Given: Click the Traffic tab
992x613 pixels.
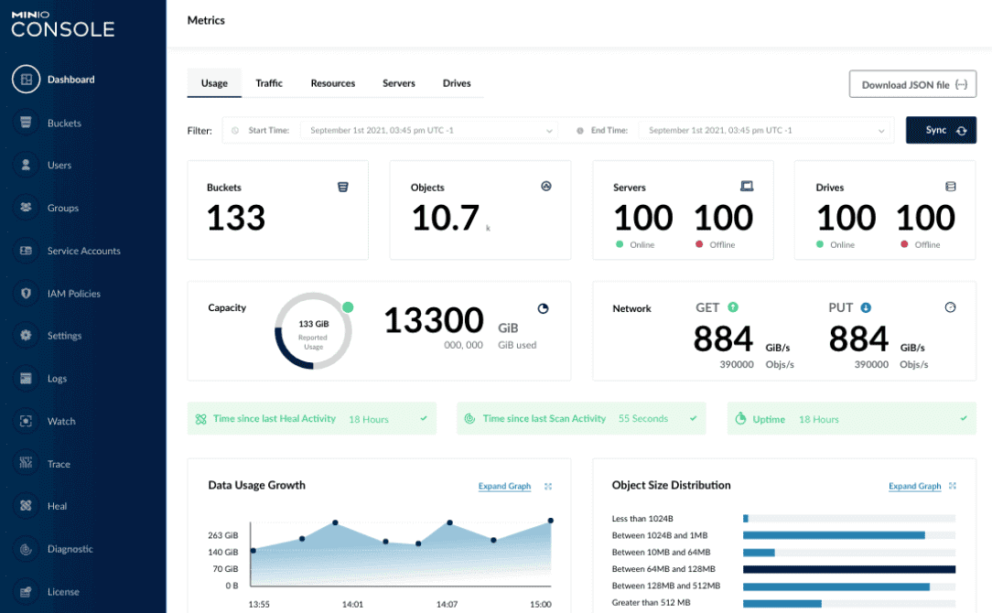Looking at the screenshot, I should click(x=269, y=83).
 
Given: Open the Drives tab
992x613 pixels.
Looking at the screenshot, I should click(x=457, y=83).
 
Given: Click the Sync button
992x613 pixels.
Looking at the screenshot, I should click(x=941, y=130).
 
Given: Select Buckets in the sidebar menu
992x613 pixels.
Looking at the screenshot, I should click(x=64, y=123).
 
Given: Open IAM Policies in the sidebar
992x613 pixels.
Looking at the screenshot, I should click(x=73, y=294).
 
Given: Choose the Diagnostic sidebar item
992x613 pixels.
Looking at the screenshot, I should click(x=70, y=549).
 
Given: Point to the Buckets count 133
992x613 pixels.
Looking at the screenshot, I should click(x=236, y=218).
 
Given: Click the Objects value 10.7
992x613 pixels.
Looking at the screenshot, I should click(x=446, y=218).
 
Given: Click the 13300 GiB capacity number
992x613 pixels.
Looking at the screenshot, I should click(x=434, y=320).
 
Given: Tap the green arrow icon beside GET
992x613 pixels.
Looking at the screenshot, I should click(x=733, y=307).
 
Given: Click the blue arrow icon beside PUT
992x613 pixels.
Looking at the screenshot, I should click(x=866, y=307).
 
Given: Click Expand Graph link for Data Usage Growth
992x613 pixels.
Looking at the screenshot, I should click(x=504, y=487).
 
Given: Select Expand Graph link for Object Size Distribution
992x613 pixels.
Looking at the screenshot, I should click(x=914, y=487).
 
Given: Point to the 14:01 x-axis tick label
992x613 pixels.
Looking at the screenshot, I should click(x=352, y=604).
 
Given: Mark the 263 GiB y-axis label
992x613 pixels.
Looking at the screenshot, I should click(x=223, y=535).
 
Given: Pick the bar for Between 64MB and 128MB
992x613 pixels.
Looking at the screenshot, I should click(x=848, y=569).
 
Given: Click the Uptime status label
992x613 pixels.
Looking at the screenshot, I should click(x=769, y=419).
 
